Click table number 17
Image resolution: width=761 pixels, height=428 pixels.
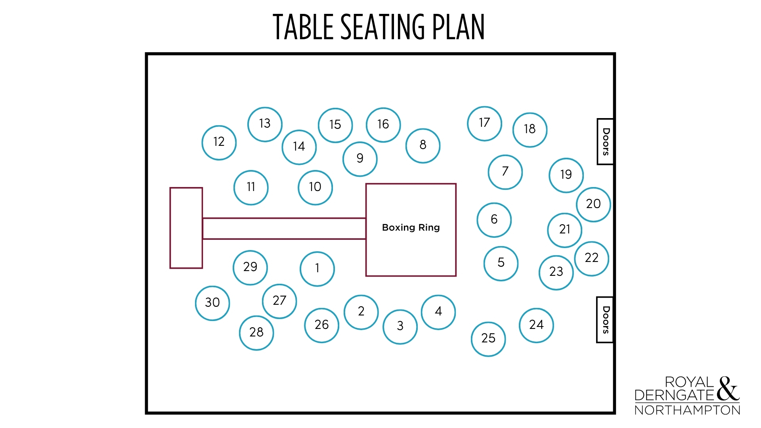(x=484, y=123)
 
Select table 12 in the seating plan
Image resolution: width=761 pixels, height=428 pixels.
(x=219, y=143)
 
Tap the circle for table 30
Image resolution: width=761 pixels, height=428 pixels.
(x=212, y=303)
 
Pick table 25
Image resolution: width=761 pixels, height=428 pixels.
(x=488, y=339)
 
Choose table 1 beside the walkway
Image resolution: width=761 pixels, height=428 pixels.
(x=317, y=269)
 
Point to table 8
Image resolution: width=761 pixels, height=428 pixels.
(x=423, y=145)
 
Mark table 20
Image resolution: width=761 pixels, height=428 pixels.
(x=593, y=204)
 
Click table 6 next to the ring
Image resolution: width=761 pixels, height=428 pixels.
(x=494, y=220)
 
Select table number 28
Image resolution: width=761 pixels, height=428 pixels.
(x=256, y=333)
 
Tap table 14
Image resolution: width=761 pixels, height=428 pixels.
(x=299, y=147)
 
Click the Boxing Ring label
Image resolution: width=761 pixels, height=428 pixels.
(x=411, y=227)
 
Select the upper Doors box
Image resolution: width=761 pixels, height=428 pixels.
(x=605, y=141)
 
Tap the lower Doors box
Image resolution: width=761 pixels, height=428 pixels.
(x=605, y=320)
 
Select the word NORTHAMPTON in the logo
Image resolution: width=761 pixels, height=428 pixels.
(x=687, y=410)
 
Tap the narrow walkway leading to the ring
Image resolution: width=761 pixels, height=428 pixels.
(x=284, y=229)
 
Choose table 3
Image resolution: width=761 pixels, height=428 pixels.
(x=400, y=327)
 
